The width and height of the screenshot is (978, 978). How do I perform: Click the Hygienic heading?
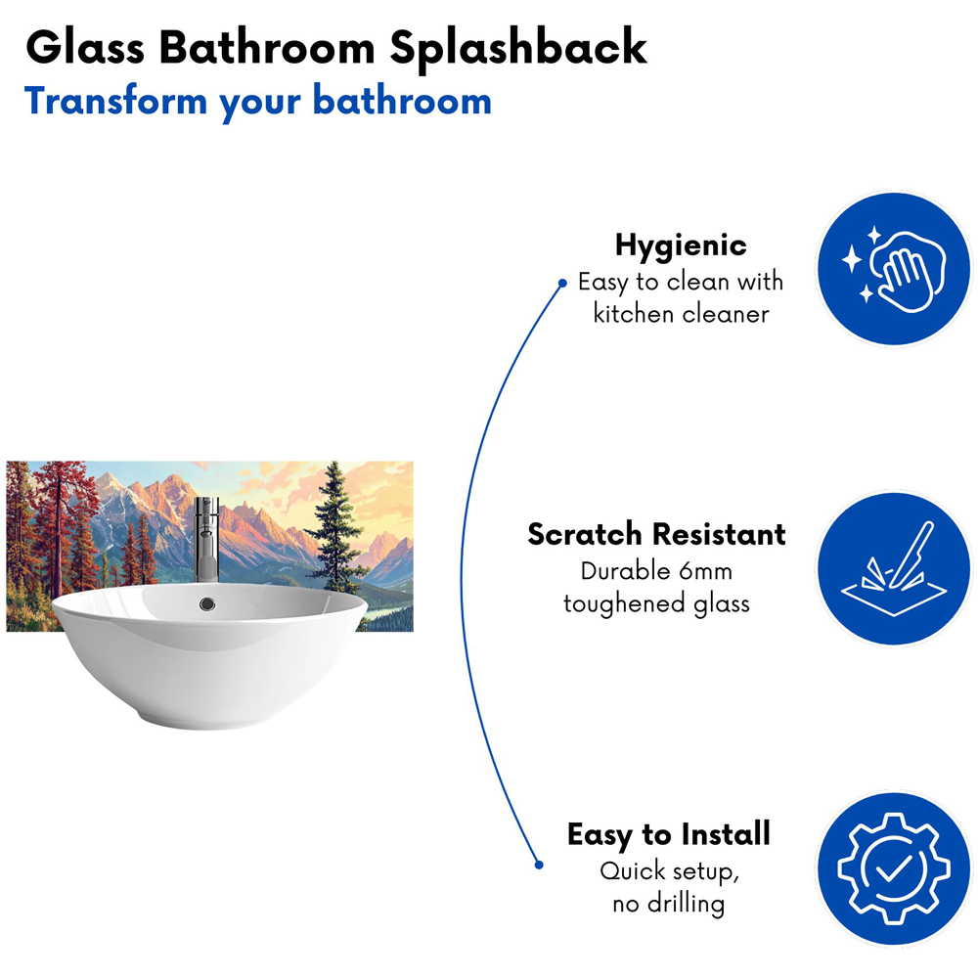point(681,244)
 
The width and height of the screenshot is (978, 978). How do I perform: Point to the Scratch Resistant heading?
point(656,534)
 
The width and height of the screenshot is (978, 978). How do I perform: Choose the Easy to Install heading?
point(669,834)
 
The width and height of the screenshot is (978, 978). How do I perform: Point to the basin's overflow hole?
point(206,604)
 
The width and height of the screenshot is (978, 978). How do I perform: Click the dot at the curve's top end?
point(562,285)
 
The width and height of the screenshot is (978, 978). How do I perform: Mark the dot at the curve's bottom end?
point(537,864)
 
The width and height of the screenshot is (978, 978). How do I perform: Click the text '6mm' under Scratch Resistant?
point(701,571)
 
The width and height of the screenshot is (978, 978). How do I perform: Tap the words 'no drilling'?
point(669,903)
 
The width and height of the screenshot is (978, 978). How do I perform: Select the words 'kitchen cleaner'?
point(681,314)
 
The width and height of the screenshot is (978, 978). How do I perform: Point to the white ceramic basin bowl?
point(196,665)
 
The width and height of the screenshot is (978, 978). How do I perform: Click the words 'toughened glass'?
point(656,603)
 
